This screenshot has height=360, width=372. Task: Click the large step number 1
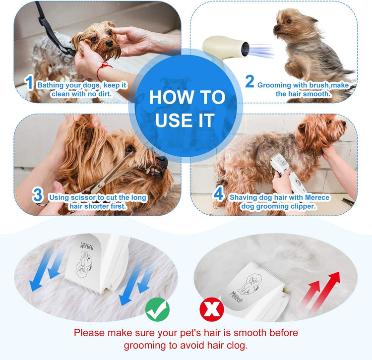29,82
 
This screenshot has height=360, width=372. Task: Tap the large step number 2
249,81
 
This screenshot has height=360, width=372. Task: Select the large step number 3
38,195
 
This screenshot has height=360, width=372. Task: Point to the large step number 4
219,193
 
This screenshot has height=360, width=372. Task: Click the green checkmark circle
158,309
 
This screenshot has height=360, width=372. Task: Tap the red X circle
212,309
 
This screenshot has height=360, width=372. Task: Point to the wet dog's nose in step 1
109,43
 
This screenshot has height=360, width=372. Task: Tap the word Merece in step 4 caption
317,197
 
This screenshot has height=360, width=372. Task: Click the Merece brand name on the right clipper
236,297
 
